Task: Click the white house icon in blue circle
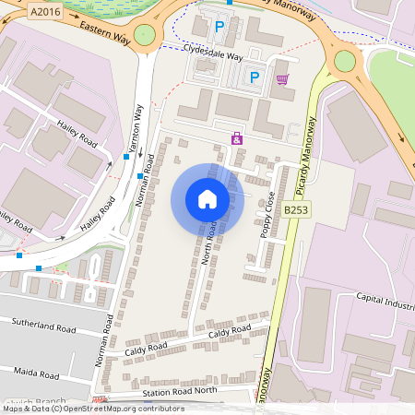(x=207, y=198)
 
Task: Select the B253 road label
(x=295, y=210)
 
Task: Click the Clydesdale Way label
(x=212, y=54)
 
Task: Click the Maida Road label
(x=37, y=372)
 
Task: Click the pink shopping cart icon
(x=282, y=79)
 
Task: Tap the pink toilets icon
(x=237, y=138)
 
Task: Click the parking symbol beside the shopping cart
(x=255, y=78)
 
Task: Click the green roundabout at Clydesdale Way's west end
(x=145, y=35)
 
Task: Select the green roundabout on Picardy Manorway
(x=345, y=61)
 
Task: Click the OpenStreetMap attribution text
(x=92, y=409)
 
